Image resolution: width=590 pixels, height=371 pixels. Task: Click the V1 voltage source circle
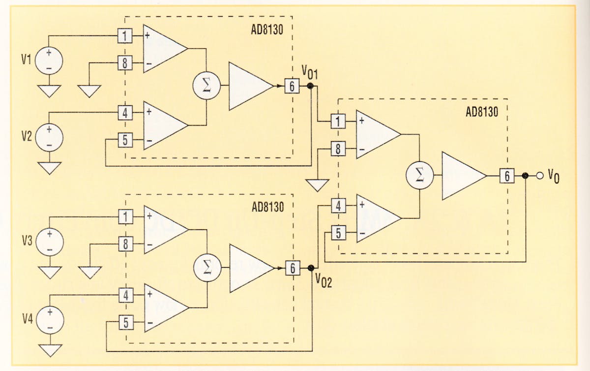49,61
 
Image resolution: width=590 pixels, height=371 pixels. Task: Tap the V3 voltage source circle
49,242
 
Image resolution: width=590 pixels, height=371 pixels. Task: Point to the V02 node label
323,282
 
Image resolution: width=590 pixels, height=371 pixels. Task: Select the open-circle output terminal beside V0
539,176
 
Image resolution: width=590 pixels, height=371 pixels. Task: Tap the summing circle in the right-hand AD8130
419,176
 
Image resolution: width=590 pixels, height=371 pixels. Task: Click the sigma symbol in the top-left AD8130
206,86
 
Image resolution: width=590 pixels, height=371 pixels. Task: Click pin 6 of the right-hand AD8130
507,176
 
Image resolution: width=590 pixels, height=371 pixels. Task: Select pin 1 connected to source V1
125,36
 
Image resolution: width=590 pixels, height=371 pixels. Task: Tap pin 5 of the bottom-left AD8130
126,323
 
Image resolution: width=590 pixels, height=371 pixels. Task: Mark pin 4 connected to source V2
125,113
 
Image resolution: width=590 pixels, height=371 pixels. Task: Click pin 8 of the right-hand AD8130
338,148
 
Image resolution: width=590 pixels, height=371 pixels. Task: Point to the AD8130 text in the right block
481,111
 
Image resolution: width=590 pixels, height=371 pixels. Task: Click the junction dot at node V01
310,86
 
